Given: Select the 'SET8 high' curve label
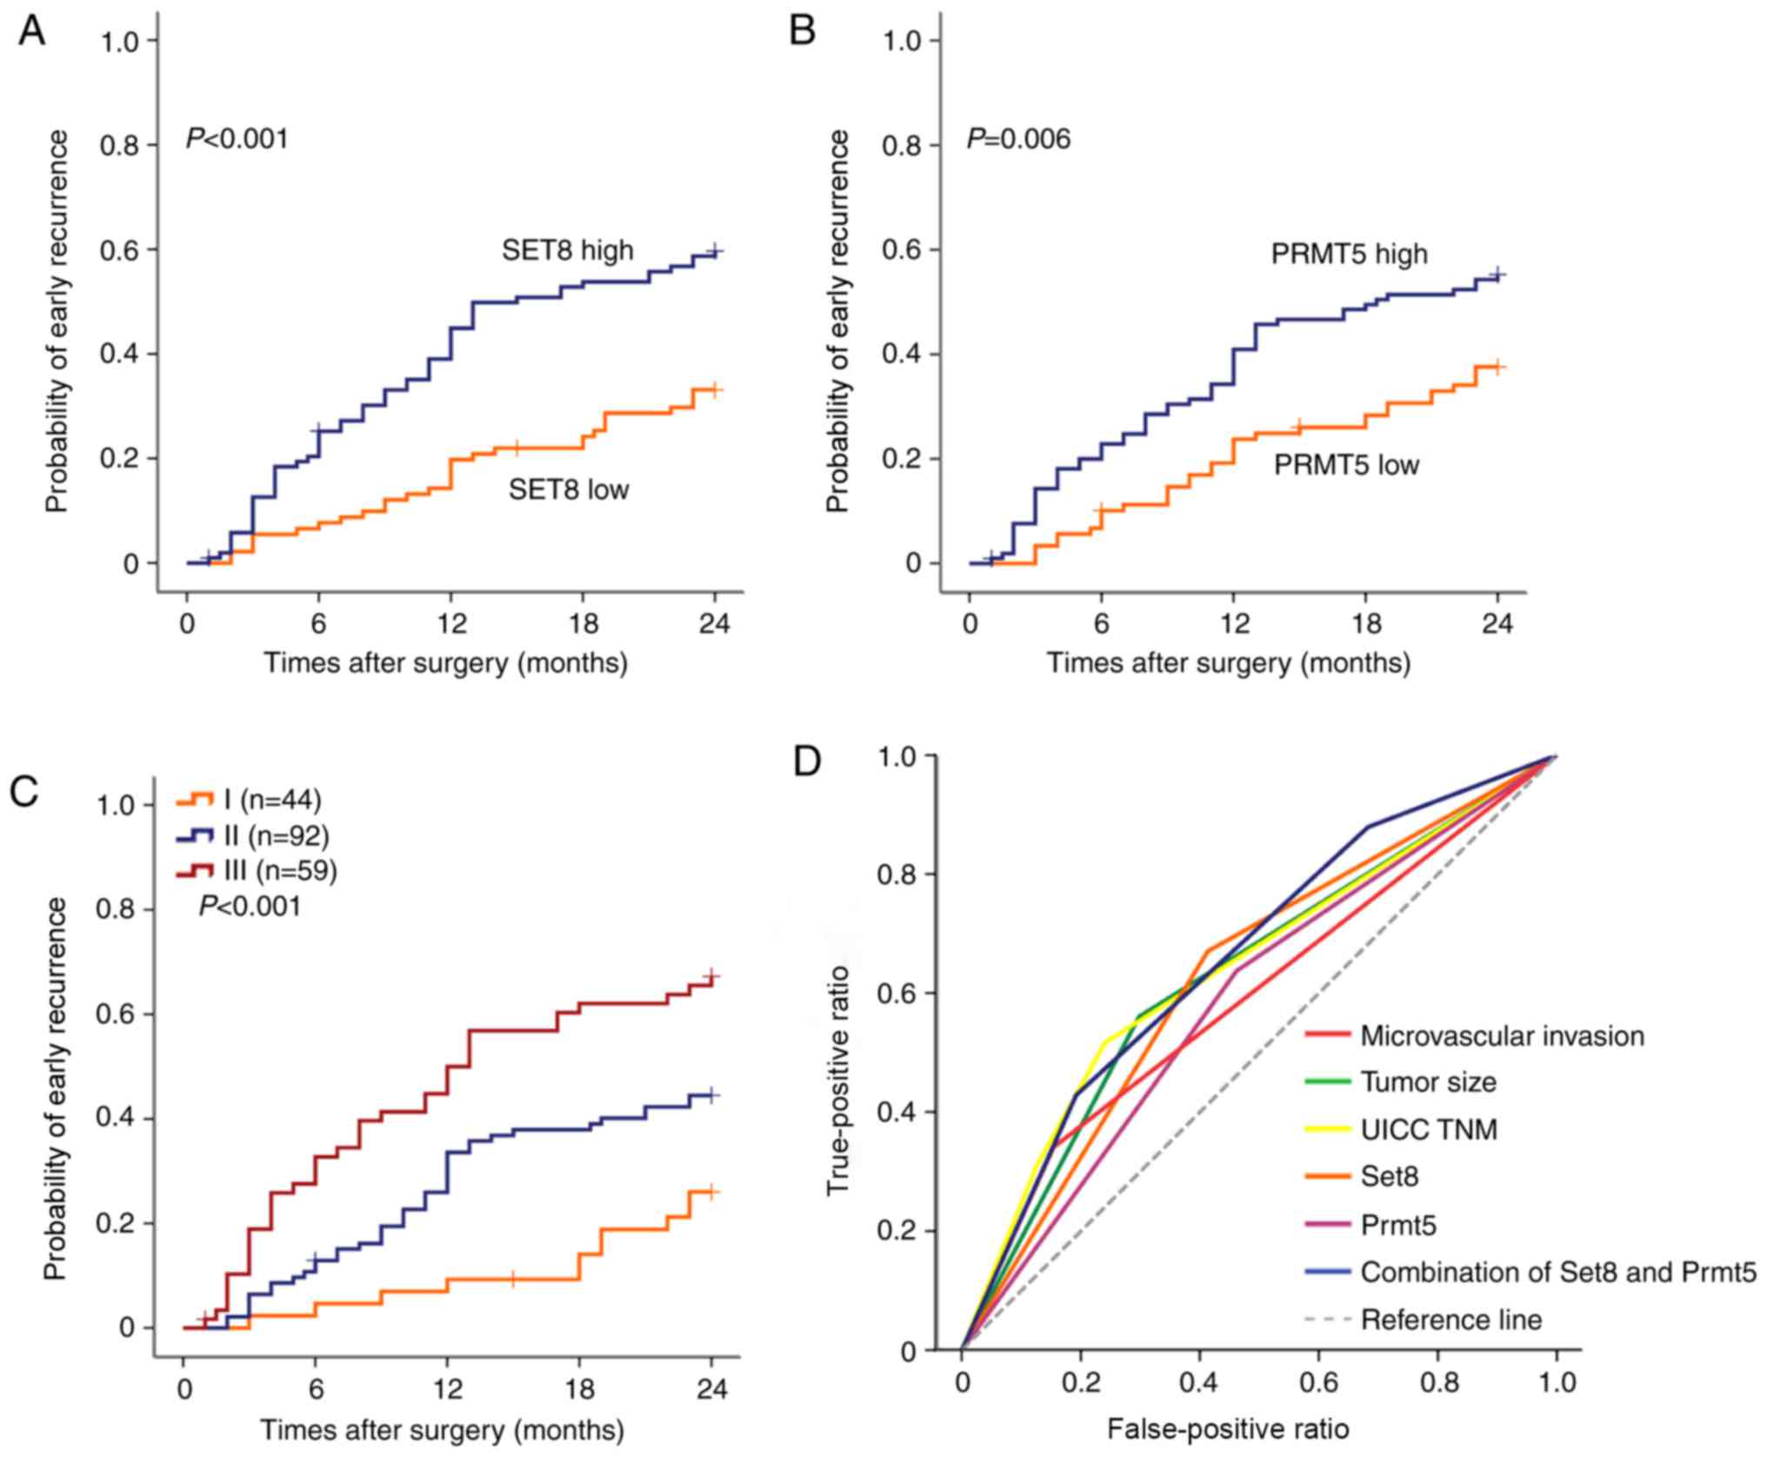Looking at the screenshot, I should [x=567, y=251].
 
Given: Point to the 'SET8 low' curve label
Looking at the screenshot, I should [x=569, y=489].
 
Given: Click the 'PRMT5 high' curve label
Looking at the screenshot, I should [x=1349, y=254].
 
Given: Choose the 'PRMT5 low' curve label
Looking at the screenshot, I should [x=1346, y=465].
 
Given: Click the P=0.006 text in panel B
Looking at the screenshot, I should [x=1018, y=139].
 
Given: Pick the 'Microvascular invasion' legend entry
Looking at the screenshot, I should [x=1502, y=1035].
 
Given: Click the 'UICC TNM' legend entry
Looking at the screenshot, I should [x=1429, y=1129].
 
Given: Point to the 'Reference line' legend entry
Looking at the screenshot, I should [x=1450, y=1319].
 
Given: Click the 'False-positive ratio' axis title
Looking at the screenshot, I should [x=1228, y=1428].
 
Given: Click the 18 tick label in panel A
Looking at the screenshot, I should [x=583, y=624].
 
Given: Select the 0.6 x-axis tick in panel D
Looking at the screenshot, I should [x=1318, y=1382].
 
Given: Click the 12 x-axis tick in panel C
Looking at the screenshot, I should [x=447, y=1388].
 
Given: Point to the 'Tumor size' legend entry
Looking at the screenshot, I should [x=1428, y=1082].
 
